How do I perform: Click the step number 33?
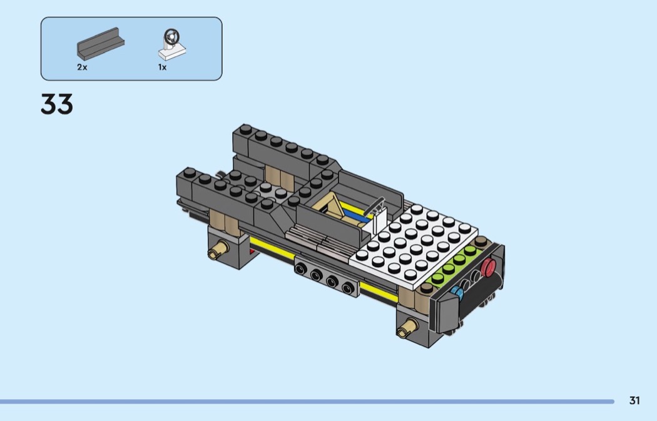click(56, 104)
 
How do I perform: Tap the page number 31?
click(634, 400)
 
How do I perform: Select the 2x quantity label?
click(82, 67)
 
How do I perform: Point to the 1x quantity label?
click(163, 67)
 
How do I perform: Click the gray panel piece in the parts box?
click(101, 44)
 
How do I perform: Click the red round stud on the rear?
click(488, 267)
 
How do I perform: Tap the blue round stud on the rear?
click(457, 292)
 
